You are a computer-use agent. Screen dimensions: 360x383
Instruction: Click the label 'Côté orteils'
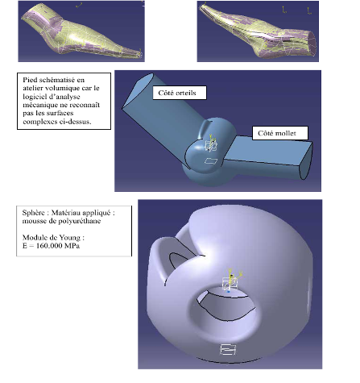177,93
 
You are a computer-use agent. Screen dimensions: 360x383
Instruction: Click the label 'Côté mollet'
277,133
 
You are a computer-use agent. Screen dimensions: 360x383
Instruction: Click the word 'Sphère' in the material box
33,213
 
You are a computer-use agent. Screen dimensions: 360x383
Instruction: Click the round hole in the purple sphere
225,304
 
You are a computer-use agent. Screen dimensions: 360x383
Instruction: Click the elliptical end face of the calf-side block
305,160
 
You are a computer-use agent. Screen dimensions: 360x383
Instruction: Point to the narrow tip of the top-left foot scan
139,55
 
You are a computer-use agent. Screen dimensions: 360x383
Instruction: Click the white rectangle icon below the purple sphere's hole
228,349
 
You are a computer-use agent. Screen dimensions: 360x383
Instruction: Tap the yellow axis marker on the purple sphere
232,277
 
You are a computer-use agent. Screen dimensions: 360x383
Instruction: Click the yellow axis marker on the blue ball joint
211,143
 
